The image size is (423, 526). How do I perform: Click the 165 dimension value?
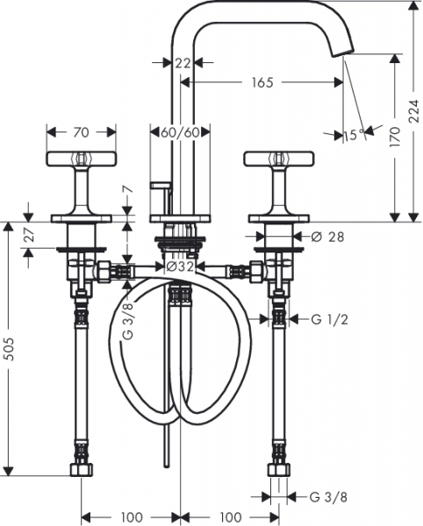[262, 82]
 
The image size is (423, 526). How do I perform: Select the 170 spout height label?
[395, 137]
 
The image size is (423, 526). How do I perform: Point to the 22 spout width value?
[183, 63]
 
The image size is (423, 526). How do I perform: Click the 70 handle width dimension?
[82, 132]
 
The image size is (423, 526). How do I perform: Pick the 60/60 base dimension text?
[180, 132]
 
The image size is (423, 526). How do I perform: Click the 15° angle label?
[354, 135]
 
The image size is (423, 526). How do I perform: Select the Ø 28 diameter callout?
[327, 237]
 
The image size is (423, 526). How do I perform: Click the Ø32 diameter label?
[180, 267]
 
